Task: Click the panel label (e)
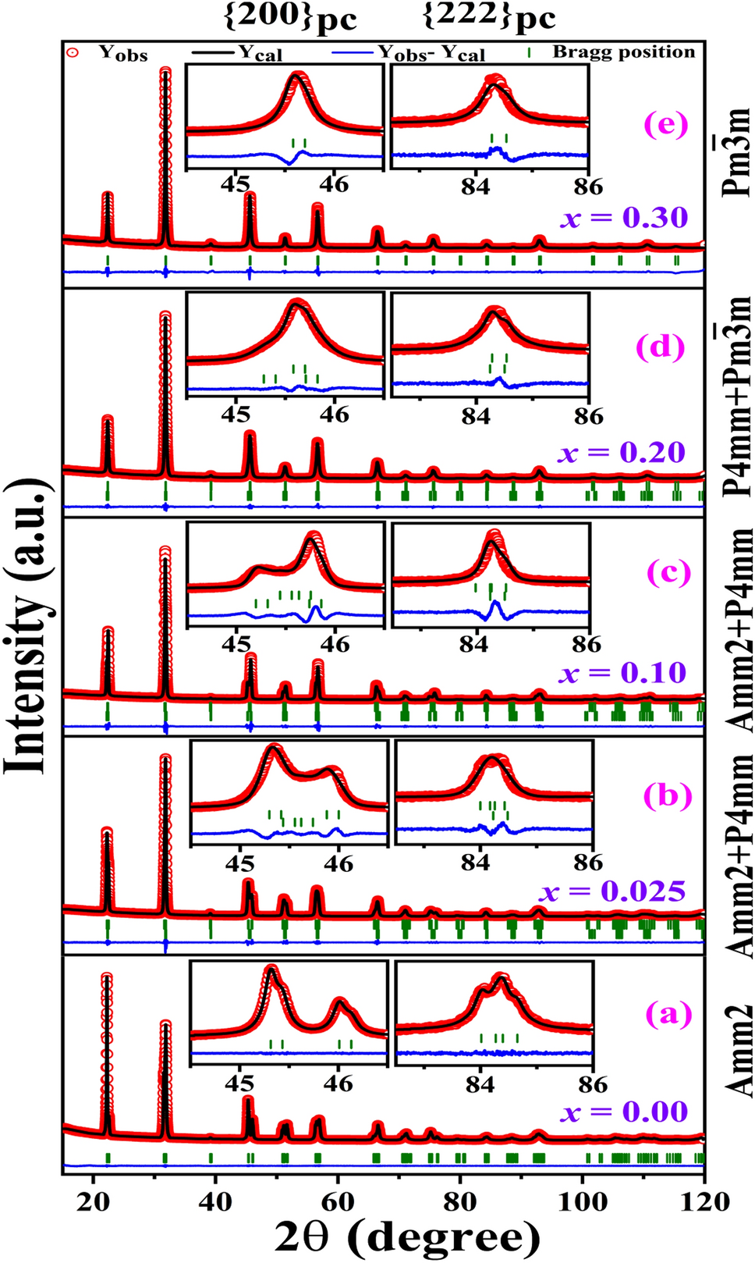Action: click(x=665, y=125)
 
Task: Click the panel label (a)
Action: click(x=668, y=1013)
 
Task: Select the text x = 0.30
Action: click(x=624, y=218)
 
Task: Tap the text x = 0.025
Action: click(x=612, y=891)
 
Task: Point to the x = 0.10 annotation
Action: click(x=622, y=673)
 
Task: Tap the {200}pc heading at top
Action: click(x=290, y=17)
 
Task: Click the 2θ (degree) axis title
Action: click(x=407, y=1238)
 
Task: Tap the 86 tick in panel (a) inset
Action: click(x=592, y=1084)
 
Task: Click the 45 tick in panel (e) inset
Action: click(x=236, y=184)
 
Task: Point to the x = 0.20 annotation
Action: click(x=622, y=453)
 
